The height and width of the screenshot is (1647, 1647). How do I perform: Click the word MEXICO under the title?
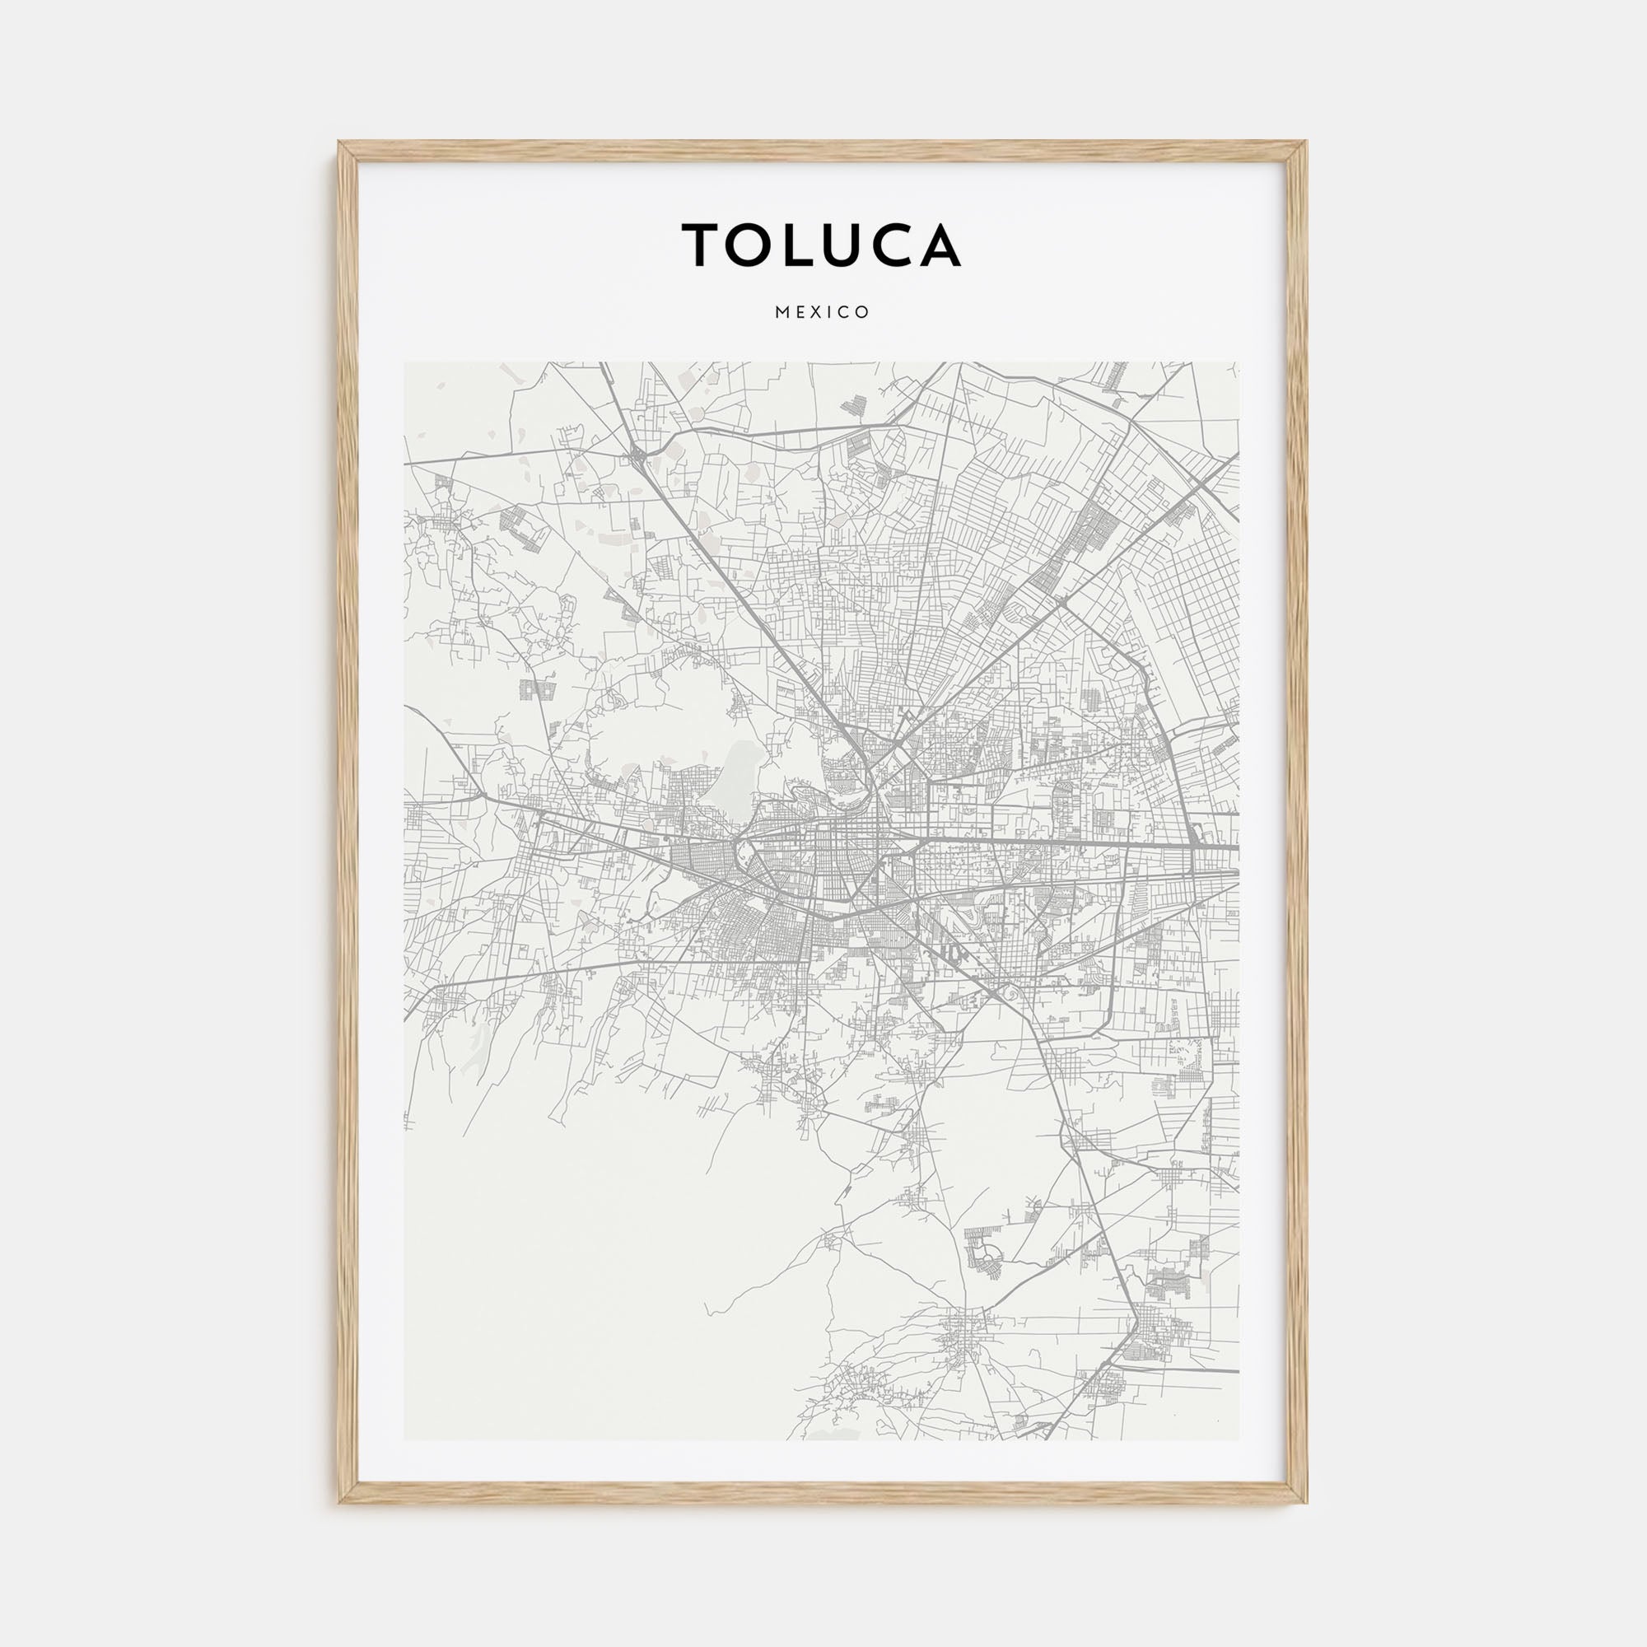click(823, 313)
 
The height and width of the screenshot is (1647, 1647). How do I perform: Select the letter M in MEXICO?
click(781, 313)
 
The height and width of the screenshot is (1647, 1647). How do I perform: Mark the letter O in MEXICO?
click(865, 313)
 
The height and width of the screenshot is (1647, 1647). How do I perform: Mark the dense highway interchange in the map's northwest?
click(638, 458)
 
